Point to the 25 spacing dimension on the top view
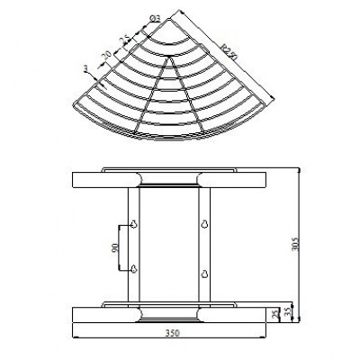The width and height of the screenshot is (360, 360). click(x=124, y=40)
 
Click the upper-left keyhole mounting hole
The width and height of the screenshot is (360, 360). click(x=133, y=224)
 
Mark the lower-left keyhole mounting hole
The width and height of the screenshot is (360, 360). click(x=133, y=269)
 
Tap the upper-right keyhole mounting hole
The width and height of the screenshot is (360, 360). click(x=204, y=224)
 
